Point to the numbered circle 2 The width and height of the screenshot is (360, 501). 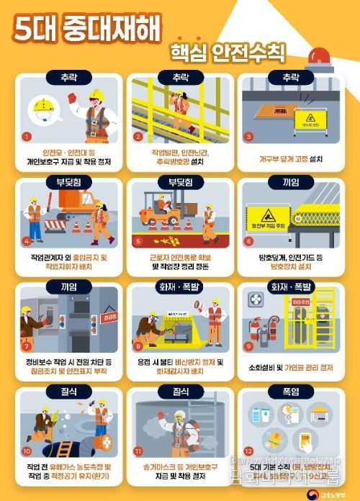[139, 136]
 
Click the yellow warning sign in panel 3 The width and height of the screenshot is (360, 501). [310, 119]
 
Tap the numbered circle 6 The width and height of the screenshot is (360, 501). [249, 241]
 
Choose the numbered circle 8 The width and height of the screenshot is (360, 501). [138, 346]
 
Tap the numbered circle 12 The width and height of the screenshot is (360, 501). [250, 451]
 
